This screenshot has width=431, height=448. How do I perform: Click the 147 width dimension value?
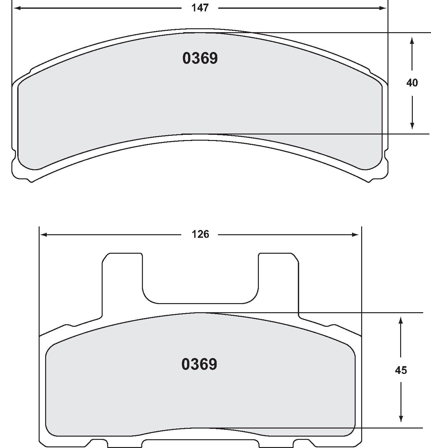200,8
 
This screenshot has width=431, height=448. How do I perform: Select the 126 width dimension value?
200,234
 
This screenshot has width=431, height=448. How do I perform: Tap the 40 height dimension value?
412,83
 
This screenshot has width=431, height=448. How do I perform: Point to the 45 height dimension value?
401,370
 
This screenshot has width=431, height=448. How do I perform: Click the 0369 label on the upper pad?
200,58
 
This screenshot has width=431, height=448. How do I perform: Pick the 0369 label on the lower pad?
199,364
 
